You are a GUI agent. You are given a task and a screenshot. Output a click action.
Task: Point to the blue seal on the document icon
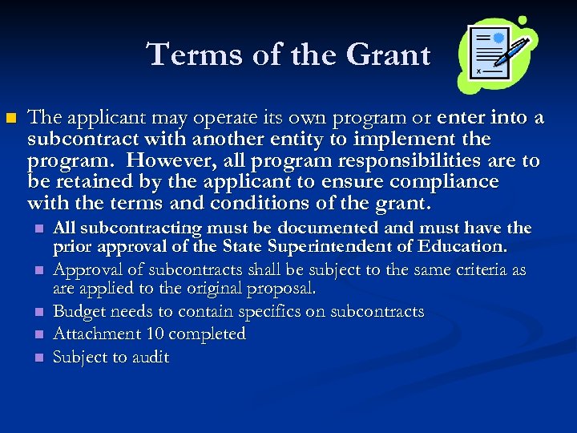(x=498, y=38)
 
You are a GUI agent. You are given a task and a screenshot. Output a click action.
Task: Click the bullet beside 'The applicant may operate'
(x=10, y=119)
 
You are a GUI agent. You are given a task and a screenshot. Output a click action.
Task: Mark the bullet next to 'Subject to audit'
(x=38, y=358)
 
